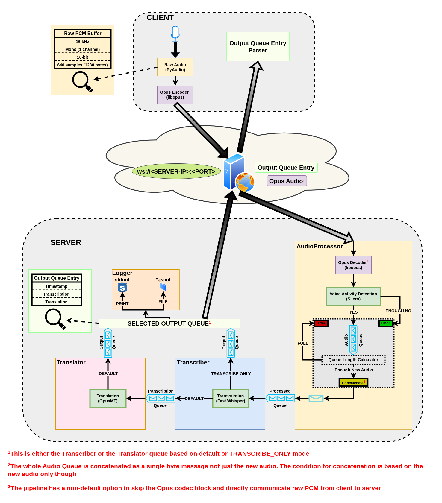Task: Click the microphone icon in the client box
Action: pyautogui.click(x=175, y=33)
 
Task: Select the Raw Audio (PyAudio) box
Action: pyautogui.click(x=175, y=67)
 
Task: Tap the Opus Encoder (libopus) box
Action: pyautogui.click(x=175, y=95)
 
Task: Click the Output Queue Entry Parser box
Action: pyautogui.click(x=258, y=47)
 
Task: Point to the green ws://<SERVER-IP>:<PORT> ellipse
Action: pyautogui.click(x=176, y=171)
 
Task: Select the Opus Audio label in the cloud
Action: pyautogui.click(x=287, y=181)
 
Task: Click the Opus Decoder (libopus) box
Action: pyautogui.click(x=353, y=265)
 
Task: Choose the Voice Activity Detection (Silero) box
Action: pyautogui.click(x=353, y=296)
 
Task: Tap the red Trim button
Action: pyautogui.click(x=321, y=323)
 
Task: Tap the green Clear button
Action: pyautogui.click(x=385, y=323)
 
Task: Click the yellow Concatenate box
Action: pyautogui.click(x=353, y=383)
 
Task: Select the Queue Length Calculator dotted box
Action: pyautogui.click(x=353, y=360)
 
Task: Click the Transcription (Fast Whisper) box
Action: pyautogui.click(x=231, y=398)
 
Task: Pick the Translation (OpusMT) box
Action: pyautogui.click(x=108, y=398)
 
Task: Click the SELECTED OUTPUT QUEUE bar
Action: pyautogui.click(x=169, y=323)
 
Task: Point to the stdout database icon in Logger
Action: pyautogui.click(x=122, y=287)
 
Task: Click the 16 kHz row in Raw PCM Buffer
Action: pyautogui.click(x=82, y=42)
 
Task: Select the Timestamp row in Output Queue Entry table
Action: pyautogui.click(x=57, y=286)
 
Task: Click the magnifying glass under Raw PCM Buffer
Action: pyautogui.click(x=82, y=81)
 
